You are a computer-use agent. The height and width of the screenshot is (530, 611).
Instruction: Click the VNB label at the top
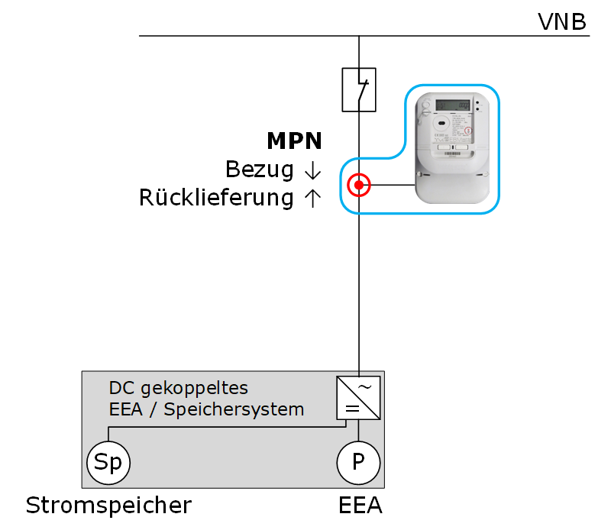coord(562,21)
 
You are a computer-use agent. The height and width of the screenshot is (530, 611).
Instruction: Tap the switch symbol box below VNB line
coord(358,89)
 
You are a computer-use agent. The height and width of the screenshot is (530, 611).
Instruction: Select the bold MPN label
coord(294,141)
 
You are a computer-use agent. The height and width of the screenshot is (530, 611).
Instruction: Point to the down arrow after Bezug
coord(312,170)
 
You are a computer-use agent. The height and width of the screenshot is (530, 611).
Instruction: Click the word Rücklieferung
coord(216,198)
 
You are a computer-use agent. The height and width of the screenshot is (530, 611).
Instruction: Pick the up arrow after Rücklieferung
coord(312,198)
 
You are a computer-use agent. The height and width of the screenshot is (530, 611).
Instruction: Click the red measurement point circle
coord(358,185)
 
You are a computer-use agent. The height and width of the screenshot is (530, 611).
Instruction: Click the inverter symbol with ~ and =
coord(358,397)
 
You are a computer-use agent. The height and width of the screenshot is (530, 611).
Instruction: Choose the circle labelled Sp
coord(108,462)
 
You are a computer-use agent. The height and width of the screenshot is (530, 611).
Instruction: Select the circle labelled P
coord(358,462)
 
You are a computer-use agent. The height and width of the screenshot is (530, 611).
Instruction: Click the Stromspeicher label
coord(108,506)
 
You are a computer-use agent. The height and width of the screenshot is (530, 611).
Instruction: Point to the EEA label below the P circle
coord(360,506)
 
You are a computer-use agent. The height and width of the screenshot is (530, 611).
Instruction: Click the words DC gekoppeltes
coord(179,387)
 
